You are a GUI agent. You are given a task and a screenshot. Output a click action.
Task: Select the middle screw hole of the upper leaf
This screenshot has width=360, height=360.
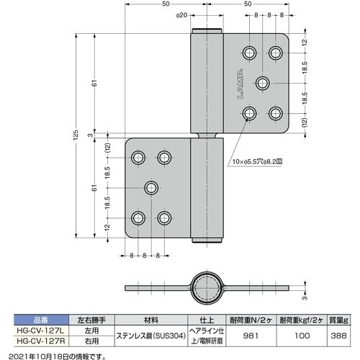coord(263,83)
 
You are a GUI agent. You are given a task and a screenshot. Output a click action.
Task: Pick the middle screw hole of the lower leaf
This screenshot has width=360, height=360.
coord(152,188)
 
